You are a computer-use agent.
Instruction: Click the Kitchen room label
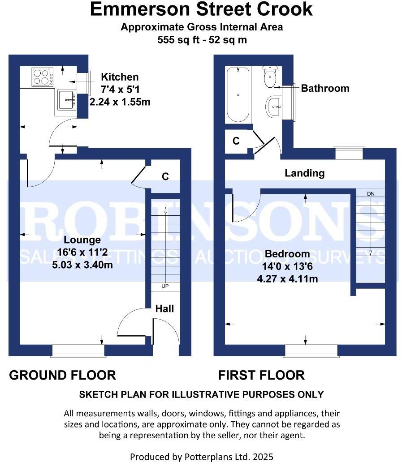pyautogui.click(x=120, y=77)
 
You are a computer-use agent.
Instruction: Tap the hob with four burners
pyautogui.click(x=42, y=77)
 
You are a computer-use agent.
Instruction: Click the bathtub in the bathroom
pyautogui.click(x=238, y=94)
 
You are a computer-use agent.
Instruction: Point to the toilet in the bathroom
pyautogui.click(x=270, y=78)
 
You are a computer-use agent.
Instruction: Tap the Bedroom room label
pyautogui.click(x=287, y=254)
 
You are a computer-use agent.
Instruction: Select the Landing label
pyautogui.click(x=304, y=173)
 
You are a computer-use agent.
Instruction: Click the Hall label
pyautogui.click(x=164, y=308)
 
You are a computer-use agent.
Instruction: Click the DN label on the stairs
pyautogui.click(x=370, y=194)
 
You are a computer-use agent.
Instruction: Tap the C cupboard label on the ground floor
pyautogui.click(x=165, y=177)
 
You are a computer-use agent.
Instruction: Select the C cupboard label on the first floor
pyautogui.click(x=236, y=141)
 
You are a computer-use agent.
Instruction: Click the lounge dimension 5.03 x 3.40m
pyautogui.click(x=82, y=265)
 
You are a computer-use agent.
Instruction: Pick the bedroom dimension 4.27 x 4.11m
pyautogui.click(x=287, y=278)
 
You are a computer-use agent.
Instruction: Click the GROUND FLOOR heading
pyautogui.click(x=62, y=375)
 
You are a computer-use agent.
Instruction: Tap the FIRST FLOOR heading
pyautogui.click(x=261, y=375)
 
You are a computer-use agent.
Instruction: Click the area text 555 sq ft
pyautogui.click(x=179, y=39)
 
